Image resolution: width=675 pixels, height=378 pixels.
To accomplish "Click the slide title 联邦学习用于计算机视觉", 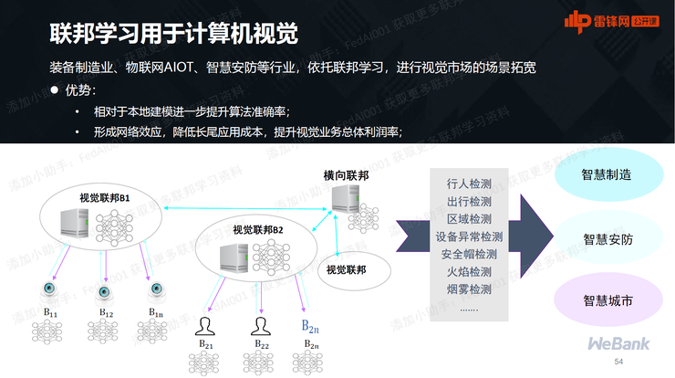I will (x=173, y=34).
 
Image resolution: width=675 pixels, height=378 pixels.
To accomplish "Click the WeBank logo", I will (x=618, y=344).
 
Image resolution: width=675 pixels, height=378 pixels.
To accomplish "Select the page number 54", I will (x=619, y=362).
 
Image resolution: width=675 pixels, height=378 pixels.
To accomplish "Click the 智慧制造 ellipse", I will (x=607, y=176).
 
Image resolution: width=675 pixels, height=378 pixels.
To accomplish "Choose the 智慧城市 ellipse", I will (x=607, y=299).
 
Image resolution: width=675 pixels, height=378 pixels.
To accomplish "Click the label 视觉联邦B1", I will (x=105, y=198).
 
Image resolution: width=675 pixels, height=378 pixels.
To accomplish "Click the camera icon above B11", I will (x=48, y=289).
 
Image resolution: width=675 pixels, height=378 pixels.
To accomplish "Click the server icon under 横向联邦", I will (x=345, y=200).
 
